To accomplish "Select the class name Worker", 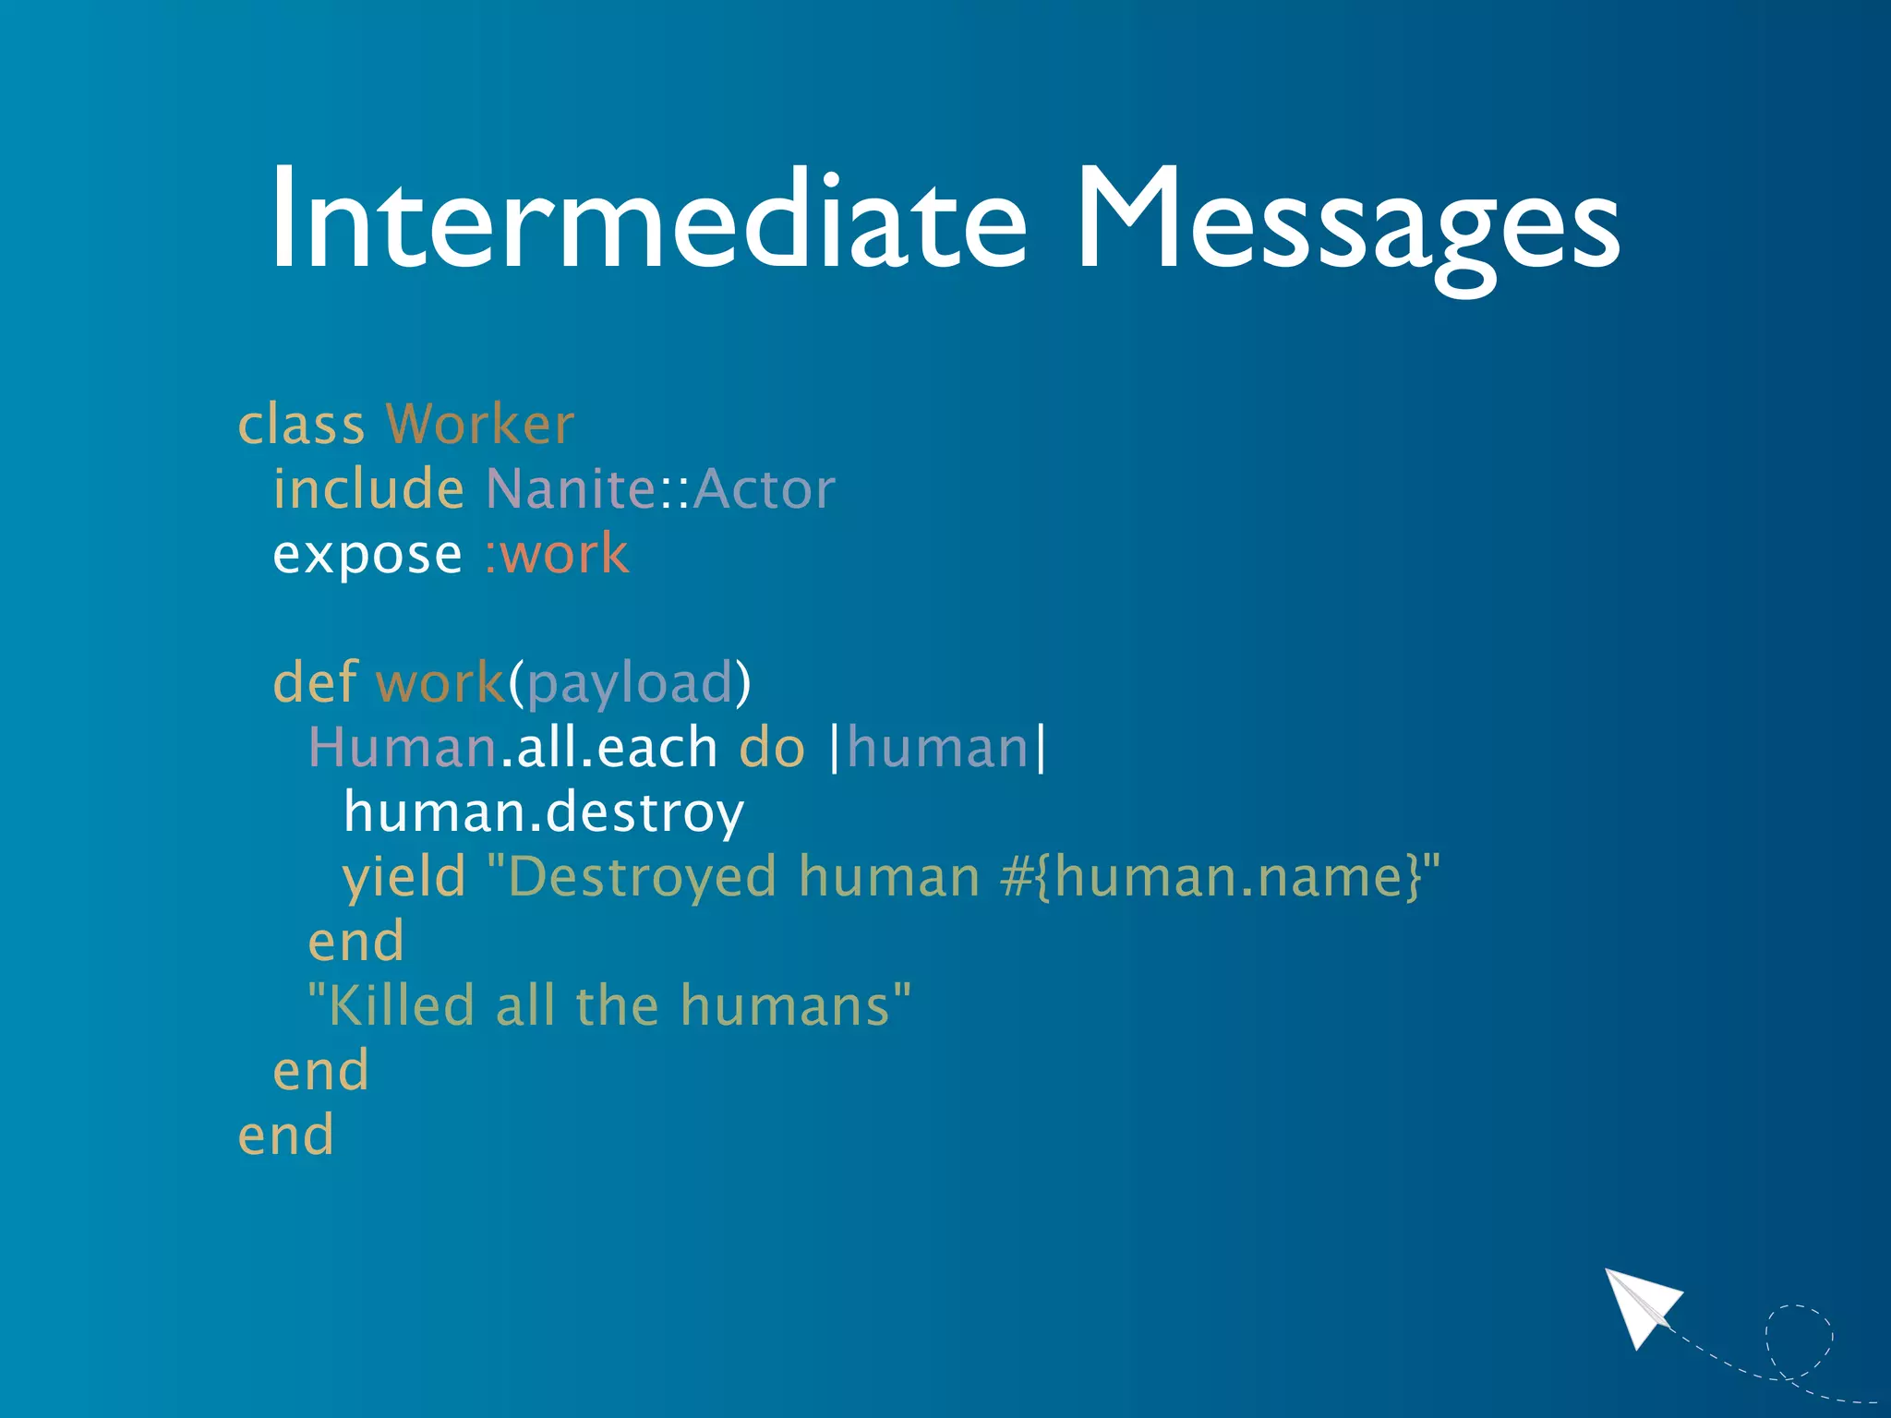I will tap(479, 425).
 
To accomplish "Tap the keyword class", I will tap(301, 425).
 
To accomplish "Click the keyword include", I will tap(367, 488).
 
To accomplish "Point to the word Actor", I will tap(764, 488).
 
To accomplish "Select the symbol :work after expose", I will tap(557, 554).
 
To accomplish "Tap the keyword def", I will tap(315, 682).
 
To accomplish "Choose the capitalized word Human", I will tap(402, 747).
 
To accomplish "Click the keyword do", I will tap(772, 747).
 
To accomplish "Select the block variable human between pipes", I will tap(937, 747).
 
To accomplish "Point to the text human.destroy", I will tap(543, 813).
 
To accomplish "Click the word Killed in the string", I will tap(402, 1005).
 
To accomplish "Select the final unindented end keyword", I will tap(285, 1136).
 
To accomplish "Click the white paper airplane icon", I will tap(1643, 1305).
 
